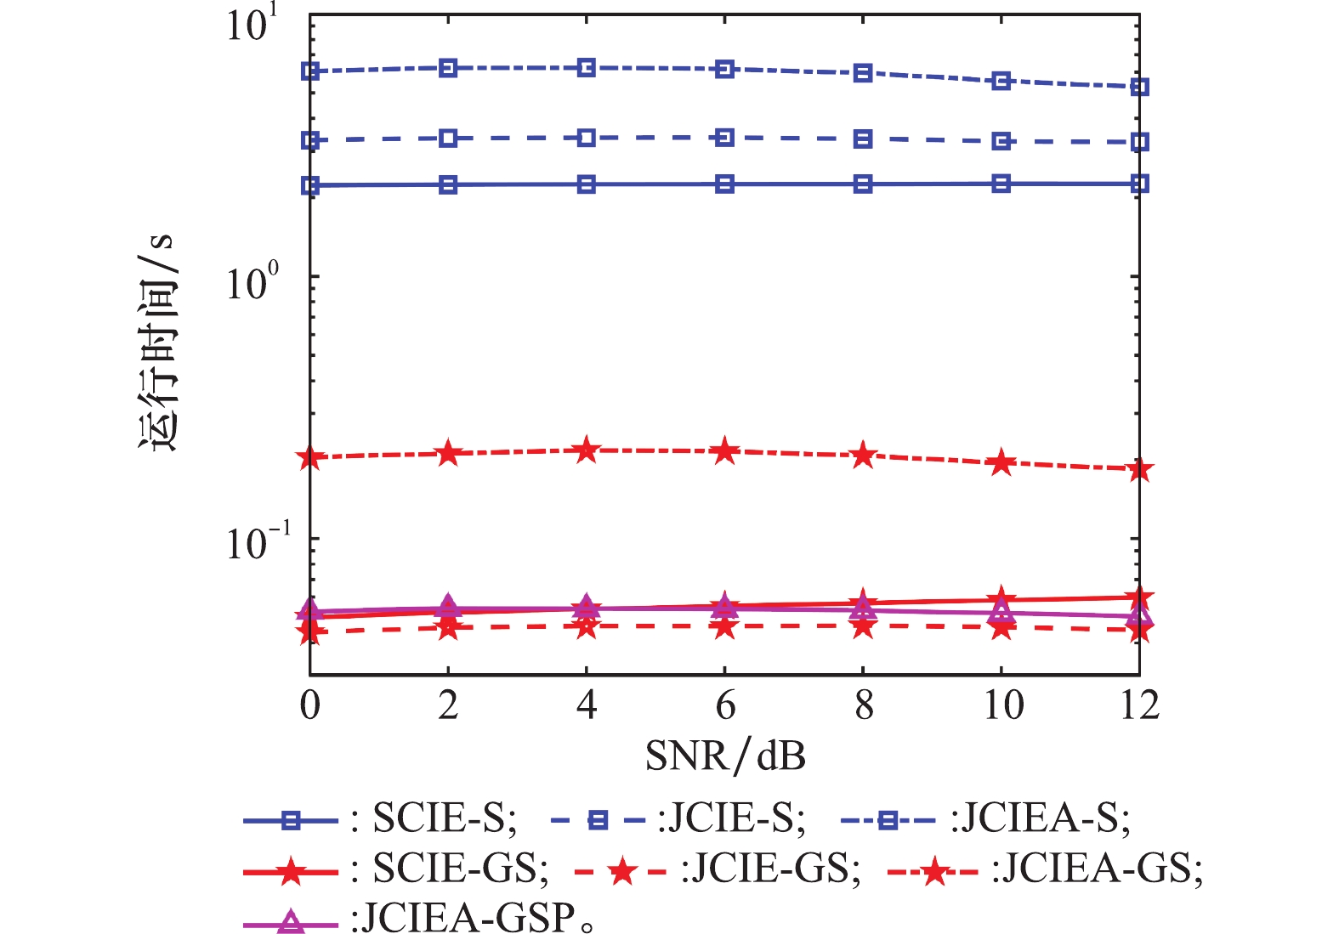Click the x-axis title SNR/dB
[725, 756]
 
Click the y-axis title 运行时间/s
[156, 341]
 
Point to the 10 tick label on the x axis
[1002, 705]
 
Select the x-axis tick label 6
[725, 705]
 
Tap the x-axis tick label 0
[310, 705]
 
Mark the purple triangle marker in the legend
[291, 921]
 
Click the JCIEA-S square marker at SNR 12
[1140, 87]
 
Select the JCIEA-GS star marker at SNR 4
[587, 450]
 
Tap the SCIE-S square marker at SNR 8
[863, 184]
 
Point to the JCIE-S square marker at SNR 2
[448, 139]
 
